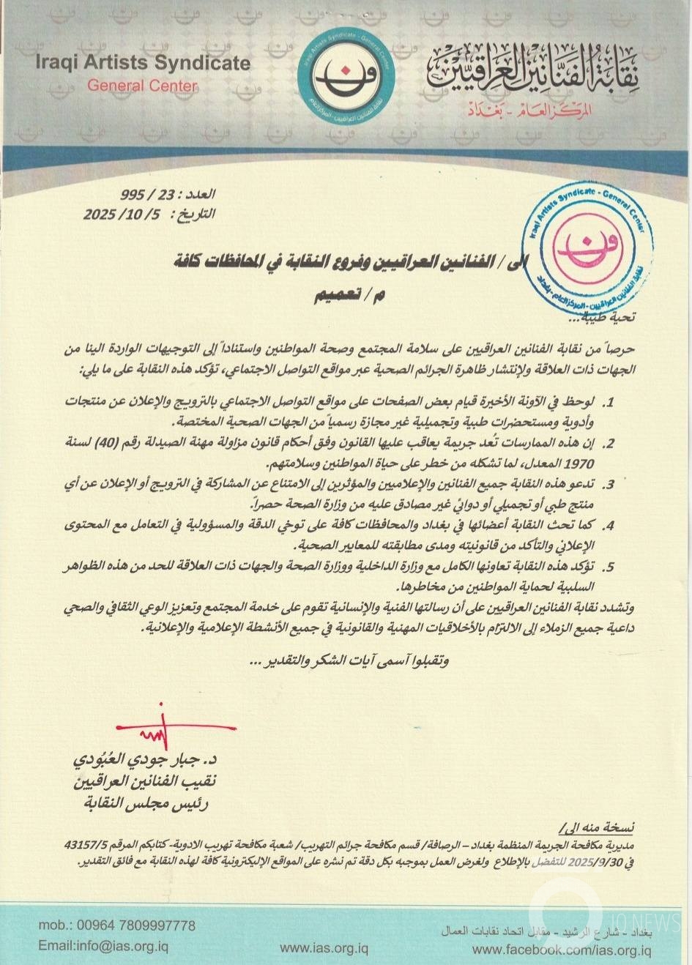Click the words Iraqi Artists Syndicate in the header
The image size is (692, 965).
143,64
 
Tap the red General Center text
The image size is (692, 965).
143,85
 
